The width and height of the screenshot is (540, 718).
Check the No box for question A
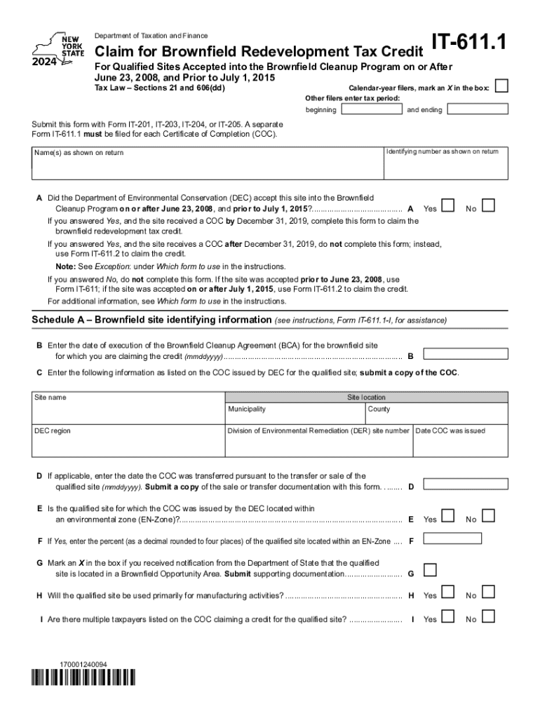489,206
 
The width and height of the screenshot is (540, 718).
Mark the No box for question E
489,517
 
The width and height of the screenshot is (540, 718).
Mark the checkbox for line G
431,569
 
